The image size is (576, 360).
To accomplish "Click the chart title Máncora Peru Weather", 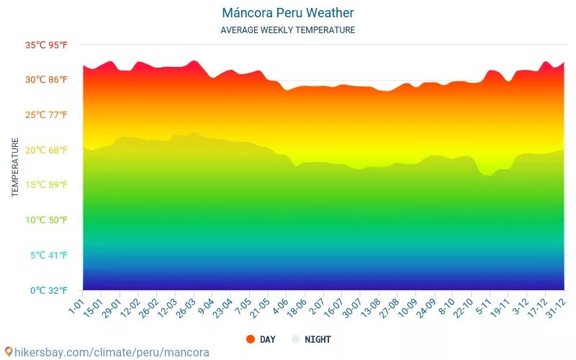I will point(288,13).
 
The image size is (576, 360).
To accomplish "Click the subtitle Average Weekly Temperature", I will point(288,30).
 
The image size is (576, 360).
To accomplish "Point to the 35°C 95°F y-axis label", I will point(47,45).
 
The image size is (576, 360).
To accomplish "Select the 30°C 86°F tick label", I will point(47,80).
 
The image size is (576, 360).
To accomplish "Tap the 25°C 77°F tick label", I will point(47,115).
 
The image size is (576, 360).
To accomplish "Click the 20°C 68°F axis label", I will point(47,150).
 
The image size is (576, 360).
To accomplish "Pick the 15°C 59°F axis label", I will point(47,185).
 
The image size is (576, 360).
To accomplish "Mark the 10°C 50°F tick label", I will point(47,220).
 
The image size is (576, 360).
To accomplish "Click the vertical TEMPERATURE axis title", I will point(15,168).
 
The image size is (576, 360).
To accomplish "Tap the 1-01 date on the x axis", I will point(77,304).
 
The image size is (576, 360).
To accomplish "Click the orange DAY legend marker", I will point(251,339).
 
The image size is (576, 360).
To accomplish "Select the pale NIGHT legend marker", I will point(295,339).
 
